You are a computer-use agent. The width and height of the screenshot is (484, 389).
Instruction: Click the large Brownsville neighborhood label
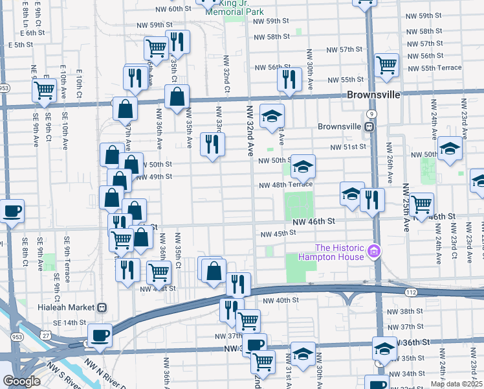(373, 94)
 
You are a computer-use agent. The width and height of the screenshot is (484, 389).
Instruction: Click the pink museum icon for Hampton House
(373, 251)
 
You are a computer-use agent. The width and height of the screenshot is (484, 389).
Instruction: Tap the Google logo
(21, 381)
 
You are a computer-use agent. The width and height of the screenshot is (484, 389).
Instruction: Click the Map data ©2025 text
(456, 384)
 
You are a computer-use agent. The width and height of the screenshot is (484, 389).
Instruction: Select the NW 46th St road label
(314, 222)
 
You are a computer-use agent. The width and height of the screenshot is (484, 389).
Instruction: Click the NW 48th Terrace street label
(285, 185)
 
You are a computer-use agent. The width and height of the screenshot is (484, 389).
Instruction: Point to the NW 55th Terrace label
(434, 67)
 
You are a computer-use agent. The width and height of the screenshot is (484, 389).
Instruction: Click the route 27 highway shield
(44, 333)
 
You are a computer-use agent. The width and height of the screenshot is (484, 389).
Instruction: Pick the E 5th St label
(17, 44)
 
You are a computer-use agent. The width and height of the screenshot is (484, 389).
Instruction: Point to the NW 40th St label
(281, 300)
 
